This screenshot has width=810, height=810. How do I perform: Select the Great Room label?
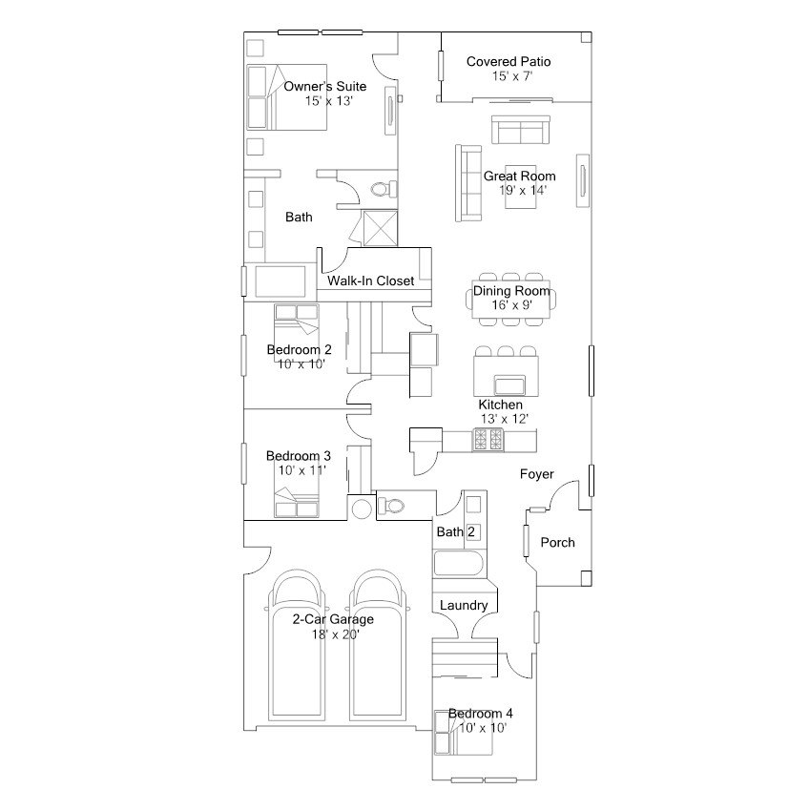point(519,176)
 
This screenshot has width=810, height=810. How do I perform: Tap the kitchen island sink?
point(509,384)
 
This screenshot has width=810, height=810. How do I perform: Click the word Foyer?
point(536,474)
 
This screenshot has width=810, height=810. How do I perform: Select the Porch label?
point(557,542)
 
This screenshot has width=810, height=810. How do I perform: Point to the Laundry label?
point(464,605)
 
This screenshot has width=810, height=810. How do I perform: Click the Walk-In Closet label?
point(370,280)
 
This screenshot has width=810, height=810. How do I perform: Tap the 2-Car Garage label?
point(332,619)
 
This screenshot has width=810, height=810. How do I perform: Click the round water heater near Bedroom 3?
point(361,508)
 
